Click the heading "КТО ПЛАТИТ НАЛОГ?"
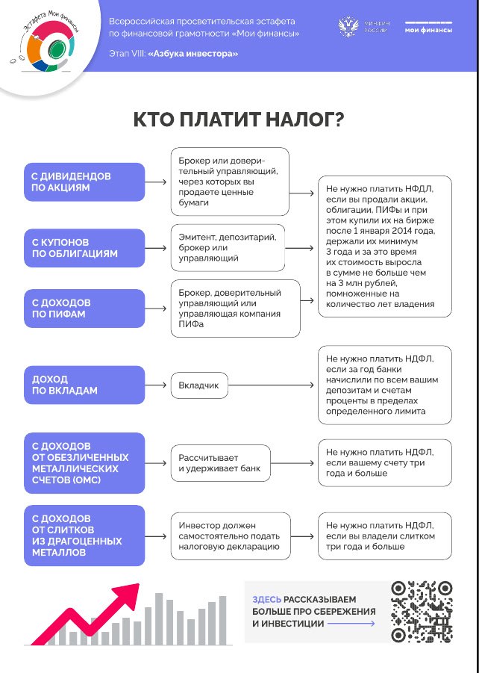(239, 121)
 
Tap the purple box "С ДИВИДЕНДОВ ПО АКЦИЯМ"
(84, 182)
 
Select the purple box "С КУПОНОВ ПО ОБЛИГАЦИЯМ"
(84, 248)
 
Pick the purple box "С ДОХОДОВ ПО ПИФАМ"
(84, 308)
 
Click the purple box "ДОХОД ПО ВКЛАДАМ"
(84, 385)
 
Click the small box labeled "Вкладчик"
(198, 385)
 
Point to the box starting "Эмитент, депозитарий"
(228, 248)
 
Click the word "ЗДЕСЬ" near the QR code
(267, 600)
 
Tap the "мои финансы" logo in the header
(428, 28)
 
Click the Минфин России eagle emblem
(348, 28)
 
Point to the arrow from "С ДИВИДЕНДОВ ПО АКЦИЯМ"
(157, 182)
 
